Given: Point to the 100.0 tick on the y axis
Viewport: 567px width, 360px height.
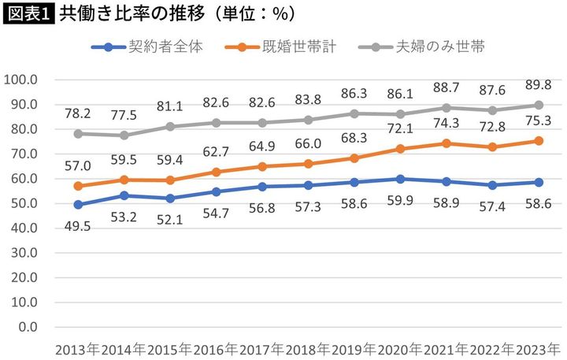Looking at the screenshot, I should pos(21,80).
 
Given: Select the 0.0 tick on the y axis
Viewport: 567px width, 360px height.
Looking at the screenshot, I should pos(27,326).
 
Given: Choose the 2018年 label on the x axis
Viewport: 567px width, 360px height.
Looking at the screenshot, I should pos(308,348).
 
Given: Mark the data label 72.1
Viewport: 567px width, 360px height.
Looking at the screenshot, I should pos(400,128).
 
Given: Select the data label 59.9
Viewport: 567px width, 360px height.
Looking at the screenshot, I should pos(400,199).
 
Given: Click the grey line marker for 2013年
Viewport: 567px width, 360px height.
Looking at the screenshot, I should pos(78,134).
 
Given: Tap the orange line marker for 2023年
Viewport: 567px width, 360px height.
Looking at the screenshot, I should pos(538,141).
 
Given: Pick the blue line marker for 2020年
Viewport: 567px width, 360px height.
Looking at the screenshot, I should pos(400,179).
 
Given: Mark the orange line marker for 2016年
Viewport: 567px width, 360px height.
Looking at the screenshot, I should pos(216,172).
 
